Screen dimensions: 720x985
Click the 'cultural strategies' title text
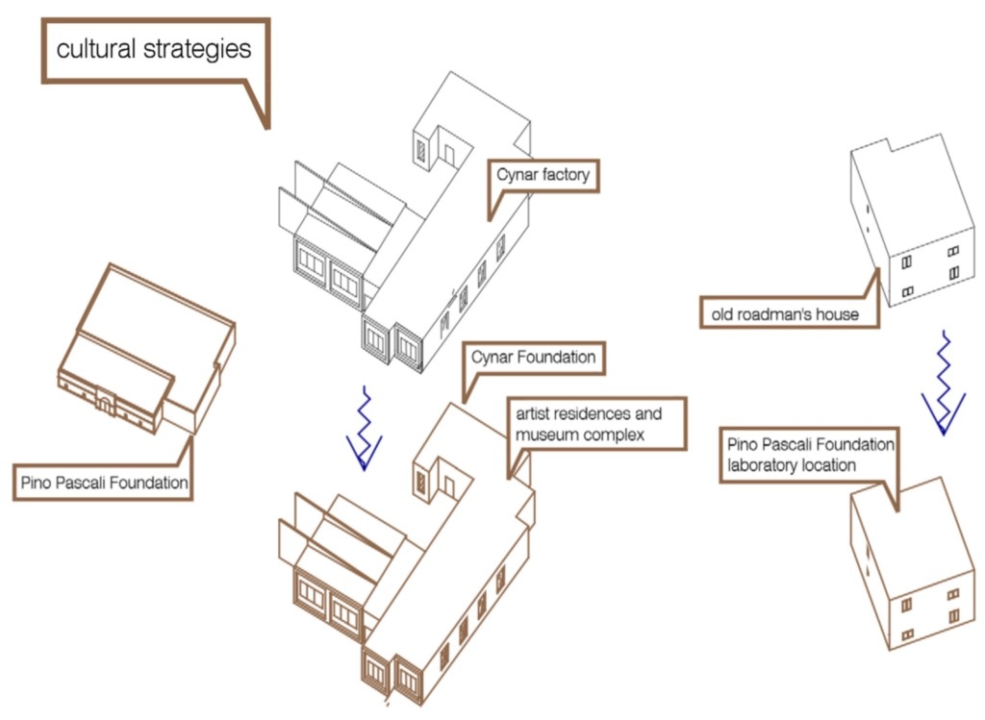coord(154,49)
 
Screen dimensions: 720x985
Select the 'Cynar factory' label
coord(543,175)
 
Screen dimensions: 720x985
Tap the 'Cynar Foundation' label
coord(533,358)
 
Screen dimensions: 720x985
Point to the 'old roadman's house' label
coord(785,313)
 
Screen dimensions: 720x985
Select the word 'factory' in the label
coord(565,175)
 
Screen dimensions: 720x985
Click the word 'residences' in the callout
coord(592,414)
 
